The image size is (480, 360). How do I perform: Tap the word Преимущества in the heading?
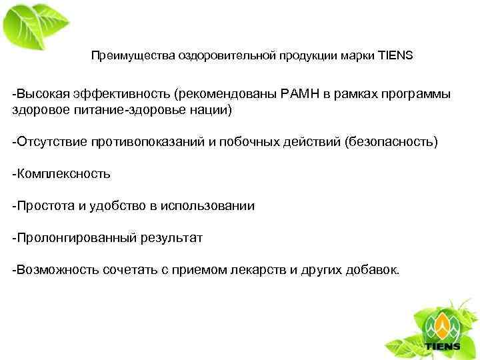123,57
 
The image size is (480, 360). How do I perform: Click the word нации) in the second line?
211,109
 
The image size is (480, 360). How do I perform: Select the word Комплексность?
63,175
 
